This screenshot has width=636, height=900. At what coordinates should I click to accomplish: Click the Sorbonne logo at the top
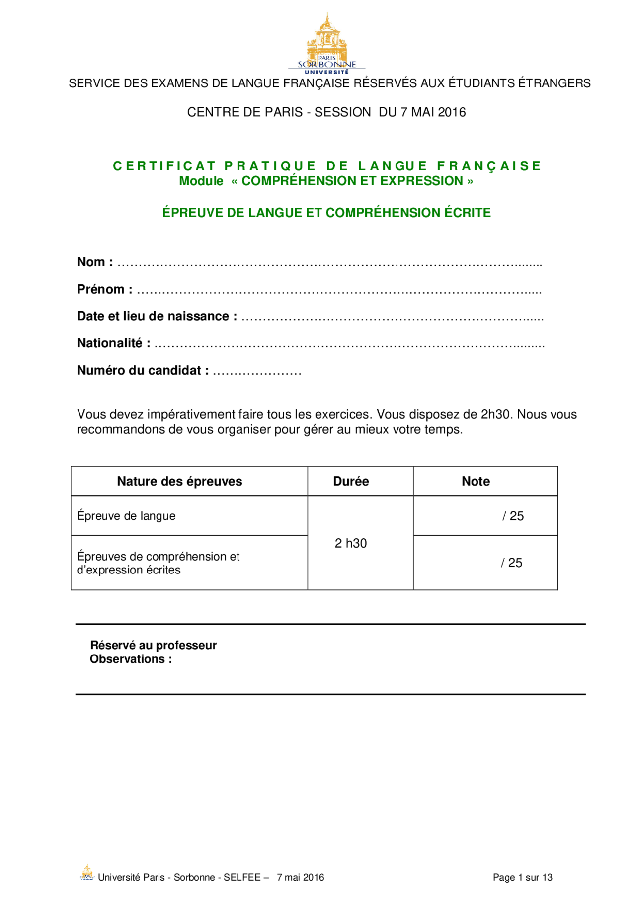pos(326,44)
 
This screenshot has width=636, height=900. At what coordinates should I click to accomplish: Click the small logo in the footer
pos(87,873)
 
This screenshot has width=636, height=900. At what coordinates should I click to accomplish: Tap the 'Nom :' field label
pos(95,262)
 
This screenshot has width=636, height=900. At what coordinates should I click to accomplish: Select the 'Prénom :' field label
pos(105,289)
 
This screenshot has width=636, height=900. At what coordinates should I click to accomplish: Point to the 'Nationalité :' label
pos(114,343)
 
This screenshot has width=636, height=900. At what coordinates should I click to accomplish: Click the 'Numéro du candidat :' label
pos(143,370)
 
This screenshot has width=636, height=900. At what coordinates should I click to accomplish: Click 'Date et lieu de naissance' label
pos(157,316)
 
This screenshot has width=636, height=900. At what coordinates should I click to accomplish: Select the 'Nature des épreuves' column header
pos(179,481)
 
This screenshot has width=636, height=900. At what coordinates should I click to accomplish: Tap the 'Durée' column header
pos(351,481)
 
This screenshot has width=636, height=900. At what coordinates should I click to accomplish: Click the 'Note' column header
pos(476,481)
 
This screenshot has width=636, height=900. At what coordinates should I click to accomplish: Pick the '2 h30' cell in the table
pos(351,543)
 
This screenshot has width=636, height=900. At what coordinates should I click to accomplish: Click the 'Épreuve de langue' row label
pos(126,516)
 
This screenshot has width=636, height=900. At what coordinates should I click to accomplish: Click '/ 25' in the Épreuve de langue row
pos(513,516)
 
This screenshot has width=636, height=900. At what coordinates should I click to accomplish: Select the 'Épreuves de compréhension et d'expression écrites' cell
pos(158,563)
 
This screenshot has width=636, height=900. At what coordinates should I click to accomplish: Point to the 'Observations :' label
pos(131,659)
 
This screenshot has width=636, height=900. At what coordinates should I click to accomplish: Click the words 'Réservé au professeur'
pos(154,645)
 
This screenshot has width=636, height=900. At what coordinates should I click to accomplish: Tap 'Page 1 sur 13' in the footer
pos(522,877)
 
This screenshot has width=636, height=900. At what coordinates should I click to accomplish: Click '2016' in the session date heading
pos(452,112)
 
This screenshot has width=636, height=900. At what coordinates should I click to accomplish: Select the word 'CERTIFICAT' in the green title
pos(164,166)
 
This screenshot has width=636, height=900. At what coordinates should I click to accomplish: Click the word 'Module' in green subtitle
pos(201,181)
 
